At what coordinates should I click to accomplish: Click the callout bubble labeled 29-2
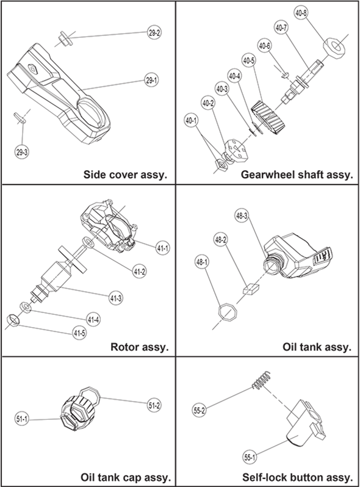(154, 33)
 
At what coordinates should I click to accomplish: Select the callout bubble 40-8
(301, 13)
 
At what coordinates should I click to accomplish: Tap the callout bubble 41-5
(79, 333)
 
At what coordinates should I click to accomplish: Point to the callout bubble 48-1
(201, 262)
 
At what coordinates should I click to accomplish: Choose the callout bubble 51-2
(154, 406)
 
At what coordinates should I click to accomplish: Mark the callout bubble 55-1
(250, 457)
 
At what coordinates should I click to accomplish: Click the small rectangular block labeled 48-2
(251, 289)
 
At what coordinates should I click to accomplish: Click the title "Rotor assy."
(140, 347)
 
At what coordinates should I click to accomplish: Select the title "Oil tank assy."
(317, 347)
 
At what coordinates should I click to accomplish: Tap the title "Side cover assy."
(125, 175)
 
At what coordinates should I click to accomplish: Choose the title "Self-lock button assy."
(298, 477)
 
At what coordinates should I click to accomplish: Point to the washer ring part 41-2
(87, 242)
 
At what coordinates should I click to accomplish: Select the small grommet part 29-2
(65, 39)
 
